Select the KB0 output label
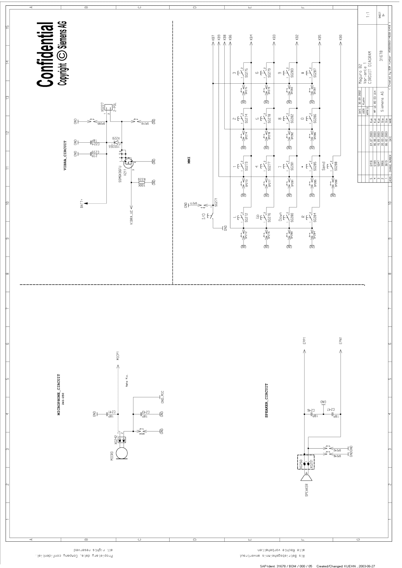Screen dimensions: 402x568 341,38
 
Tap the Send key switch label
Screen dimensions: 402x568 323,166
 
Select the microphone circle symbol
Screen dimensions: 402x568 122,453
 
